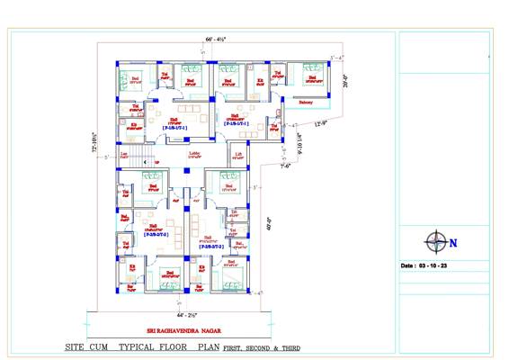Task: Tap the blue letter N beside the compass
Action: [453, 242]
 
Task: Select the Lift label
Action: [238, 154]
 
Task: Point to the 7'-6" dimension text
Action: [285, 166]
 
